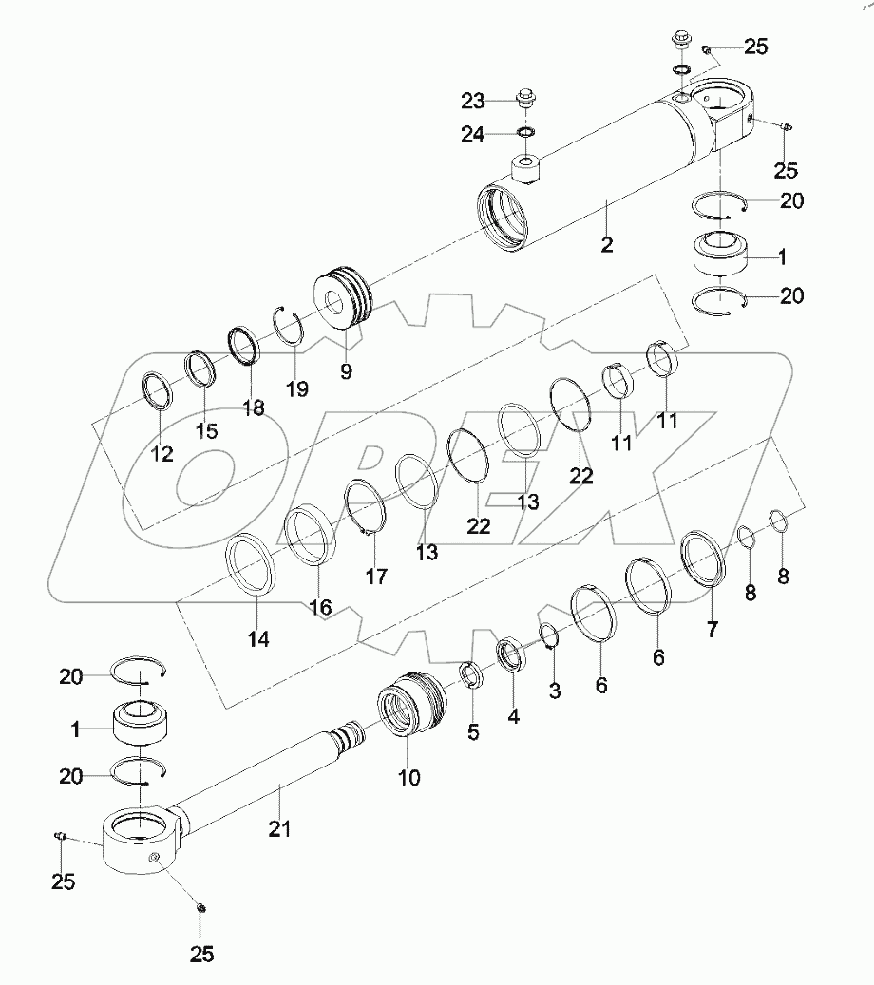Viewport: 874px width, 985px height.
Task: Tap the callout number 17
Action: pyautogui.click(x=376, y=575)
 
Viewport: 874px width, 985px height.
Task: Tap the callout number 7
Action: pyautogui.click(x=712, y=628)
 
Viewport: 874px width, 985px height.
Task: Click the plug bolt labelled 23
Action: pyautogui.click(x=524, y=97)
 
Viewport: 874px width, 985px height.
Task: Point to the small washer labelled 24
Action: pyautogui.click(x=525, y=132)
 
